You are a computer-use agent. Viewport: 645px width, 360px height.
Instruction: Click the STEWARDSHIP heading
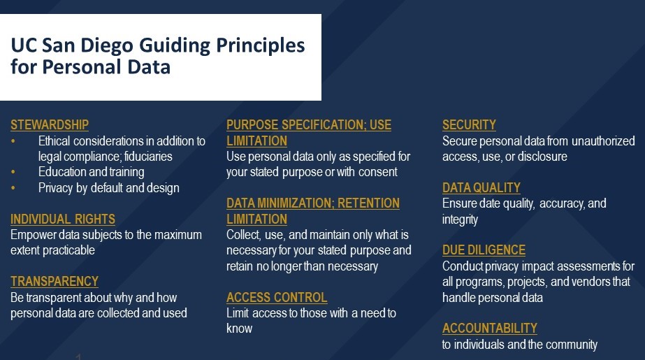pos(50,125)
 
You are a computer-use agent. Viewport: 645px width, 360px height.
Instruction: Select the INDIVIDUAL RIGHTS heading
pos(63,219)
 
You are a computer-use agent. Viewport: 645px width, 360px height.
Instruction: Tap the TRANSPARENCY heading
pos(55,281)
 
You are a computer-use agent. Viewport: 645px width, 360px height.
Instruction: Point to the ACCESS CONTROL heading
pos(277,297)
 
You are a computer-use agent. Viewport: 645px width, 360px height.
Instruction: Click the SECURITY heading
pos(469,125)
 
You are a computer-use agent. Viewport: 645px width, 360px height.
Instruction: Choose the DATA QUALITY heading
pos(481,187)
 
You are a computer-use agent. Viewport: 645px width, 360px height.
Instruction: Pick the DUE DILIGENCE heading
pos(484,250)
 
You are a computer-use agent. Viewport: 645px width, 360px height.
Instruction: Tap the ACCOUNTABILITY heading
pos(490,328)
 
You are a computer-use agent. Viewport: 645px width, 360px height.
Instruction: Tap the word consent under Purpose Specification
pos(377,171)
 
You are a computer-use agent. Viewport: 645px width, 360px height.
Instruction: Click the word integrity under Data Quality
pos(461,219)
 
